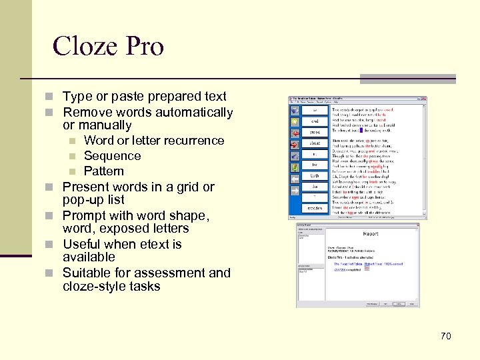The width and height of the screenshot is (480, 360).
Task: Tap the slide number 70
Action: coord(445,336)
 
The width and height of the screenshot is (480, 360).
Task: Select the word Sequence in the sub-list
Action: coord(112,156)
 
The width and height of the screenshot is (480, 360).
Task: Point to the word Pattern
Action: coord(104,171)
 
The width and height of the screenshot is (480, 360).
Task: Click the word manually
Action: coord(107,125)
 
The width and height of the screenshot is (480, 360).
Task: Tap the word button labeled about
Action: coord(315,143)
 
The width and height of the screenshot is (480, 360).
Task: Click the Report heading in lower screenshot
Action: coord(371,234)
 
